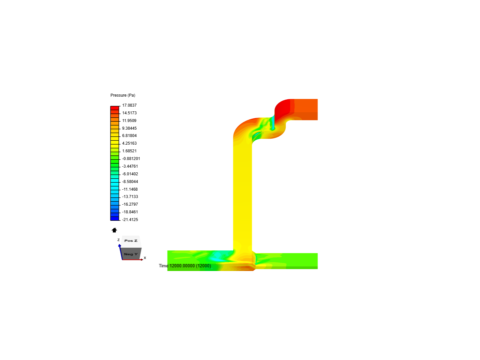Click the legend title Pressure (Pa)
click(x=123, y=95)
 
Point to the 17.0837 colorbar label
click(x=129, y=105)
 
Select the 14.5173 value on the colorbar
click(x=129, y=113)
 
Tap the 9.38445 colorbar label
click(x=129, y=128)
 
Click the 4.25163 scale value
click(x=129, y=143)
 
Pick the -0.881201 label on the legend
click(x=131, y=159)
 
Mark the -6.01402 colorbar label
click(x=130, y=174)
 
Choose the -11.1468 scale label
click(x=130, y=189)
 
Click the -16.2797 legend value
click(x=130, y=204)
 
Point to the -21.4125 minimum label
click(x=130, y=220)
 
